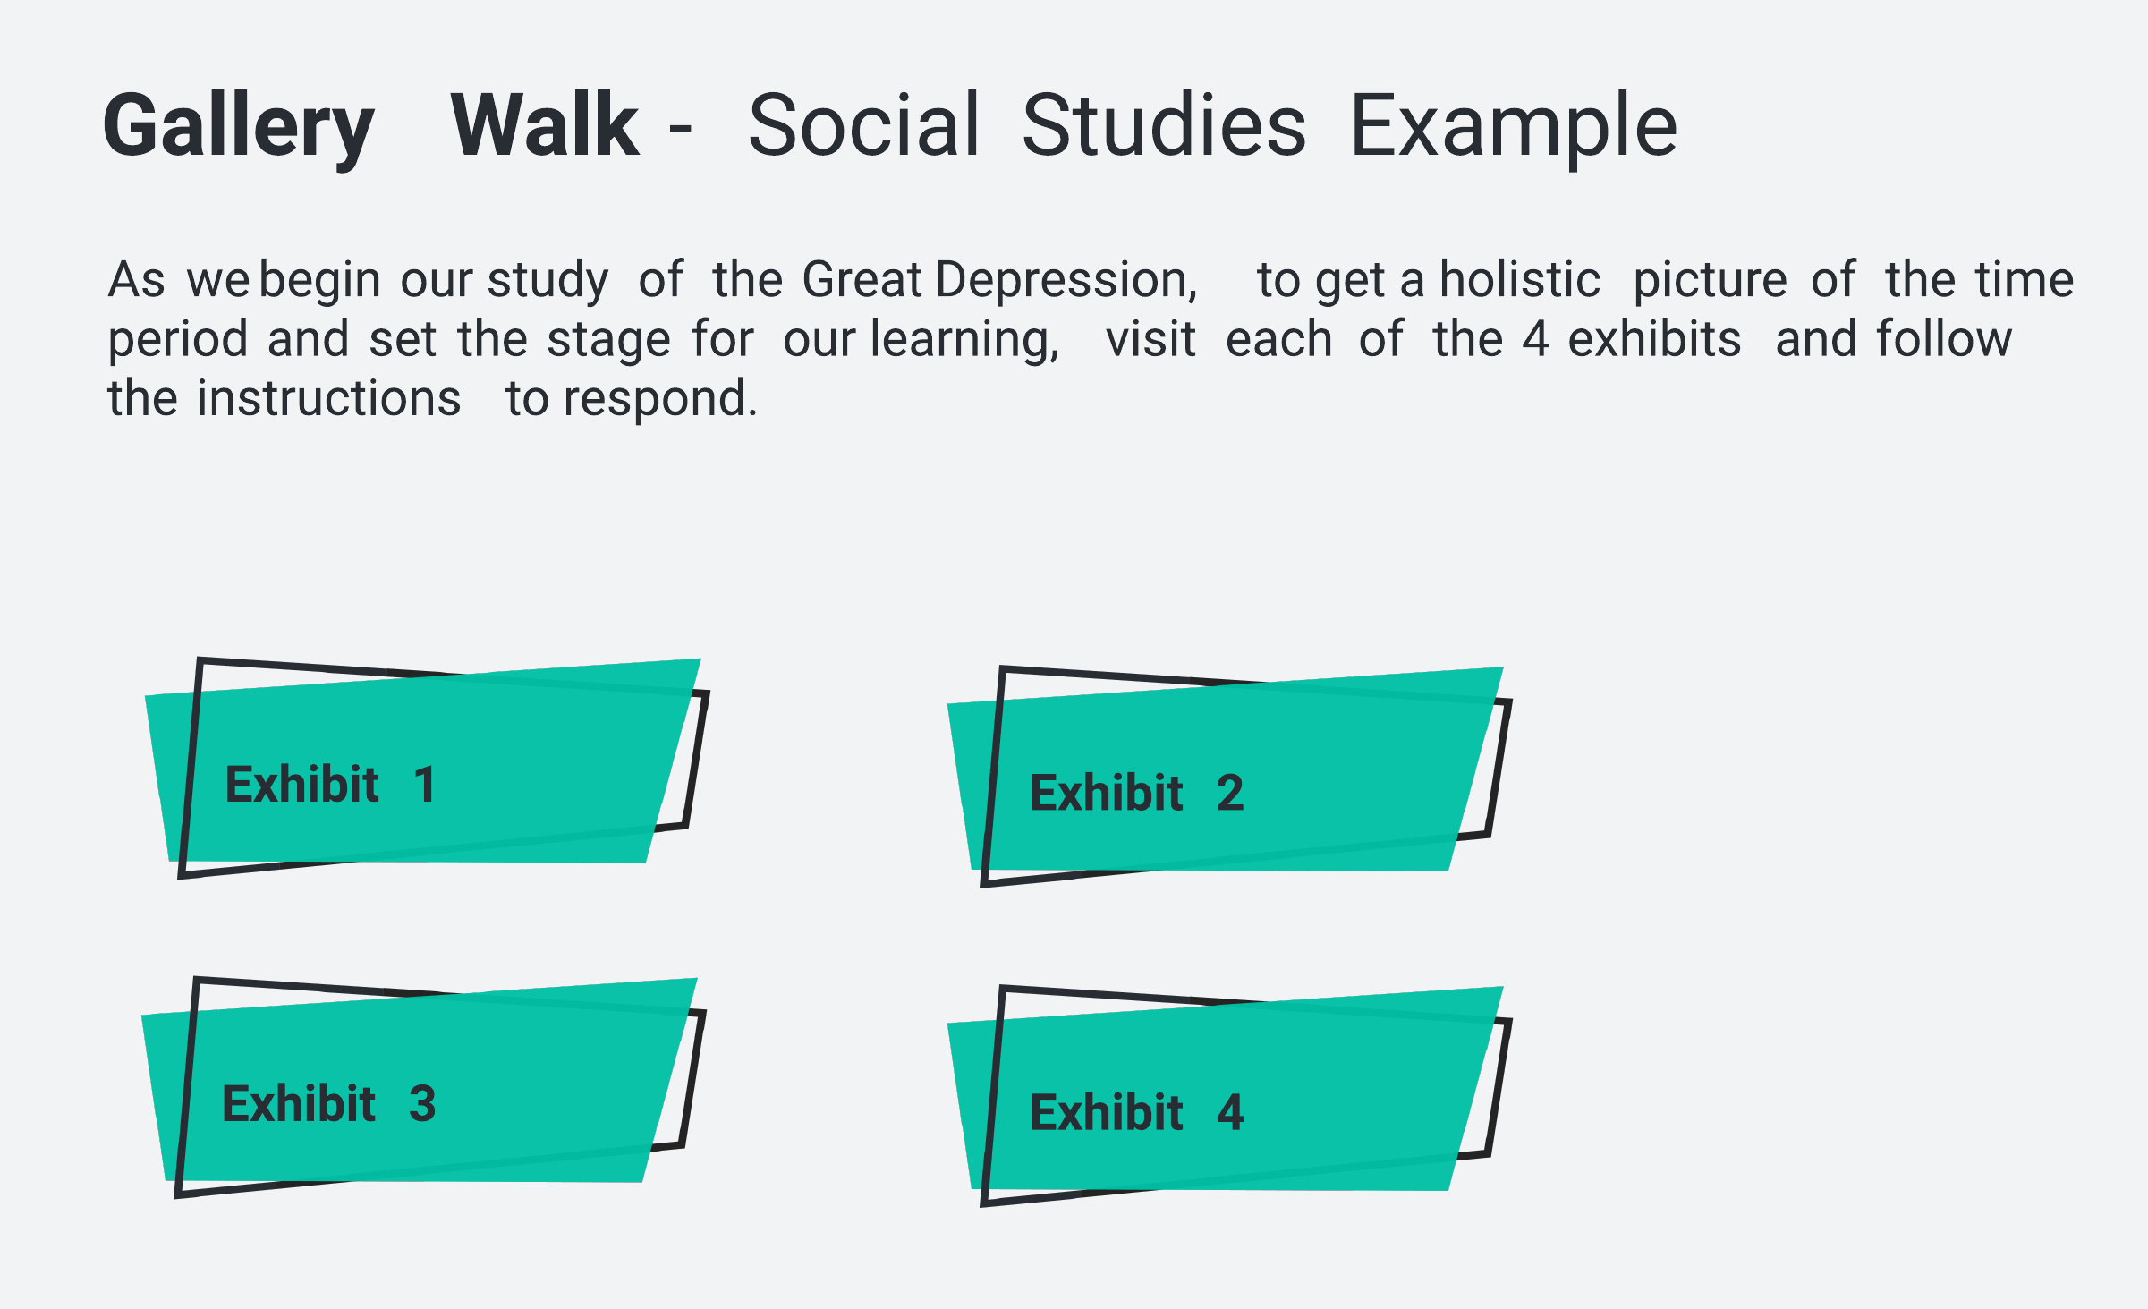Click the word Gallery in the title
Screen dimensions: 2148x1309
(x=238, y=128)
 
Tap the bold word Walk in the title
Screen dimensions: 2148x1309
(x=545, y=124)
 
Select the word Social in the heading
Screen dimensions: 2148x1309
(x=864, y=124)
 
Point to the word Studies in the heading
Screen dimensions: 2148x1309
(x=1164, y=124)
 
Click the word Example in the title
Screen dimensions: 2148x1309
(x=1514, y=128)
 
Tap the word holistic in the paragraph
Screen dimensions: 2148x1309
(x=1520, y=278)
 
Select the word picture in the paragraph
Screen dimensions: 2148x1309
(x=1711, y=282)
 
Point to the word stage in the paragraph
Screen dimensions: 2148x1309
(x=608, y=341)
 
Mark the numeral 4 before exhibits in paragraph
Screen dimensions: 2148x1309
(x=1536, y=339)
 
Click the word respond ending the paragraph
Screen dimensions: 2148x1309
(x=660, y=400)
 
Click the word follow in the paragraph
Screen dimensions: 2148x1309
(x=1944, y=338)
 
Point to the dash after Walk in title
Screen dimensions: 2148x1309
(x=680, y=130)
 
